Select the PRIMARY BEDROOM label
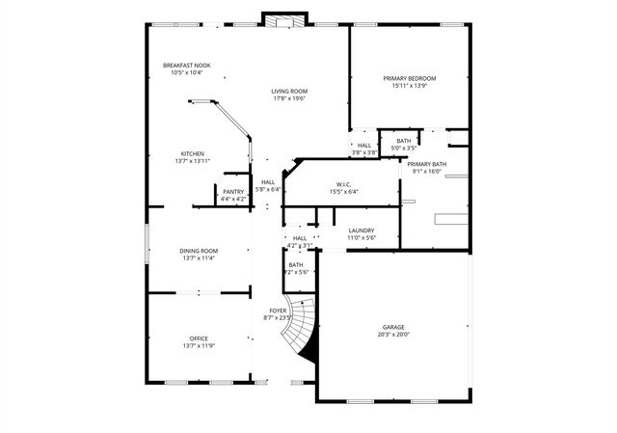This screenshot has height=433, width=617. click(409, 78)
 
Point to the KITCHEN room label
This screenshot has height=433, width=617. click(193, 154)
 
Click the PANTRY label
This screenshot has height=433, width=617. click(233, 192)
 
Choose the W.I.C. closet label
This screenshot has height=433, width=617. click(343, 184)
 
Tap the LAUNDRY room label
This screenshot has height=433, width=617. click(362, 230)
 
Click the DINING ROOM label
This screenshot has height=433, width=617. click(199, 251)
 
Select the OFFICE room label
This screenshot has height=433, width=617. click(199, 338)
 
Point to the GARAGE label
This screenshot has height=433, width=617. click(393, 327)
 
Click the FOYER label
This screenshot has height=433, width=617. click(278, 310)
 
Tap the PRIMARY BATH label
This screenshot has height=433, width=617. click(426, 165)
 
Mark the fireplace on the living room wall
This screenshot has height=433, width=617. click(284, 21)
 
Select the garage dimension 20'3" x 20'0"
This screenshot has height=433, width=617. click(393, 335)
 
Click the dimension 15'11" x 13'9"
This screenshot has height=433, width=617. click(409, 86)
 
